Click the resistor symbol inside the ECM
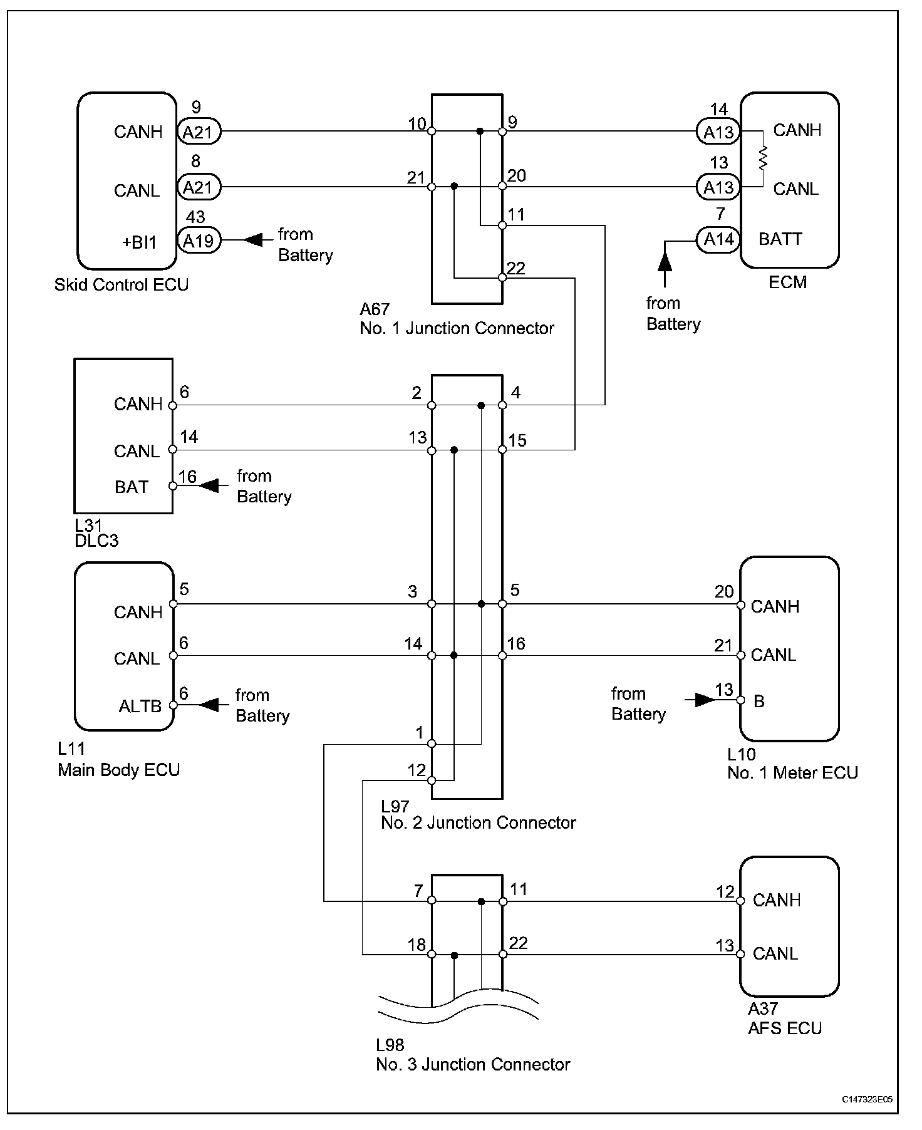tap(763, 158)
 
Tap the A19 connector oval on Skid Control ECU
tap(199, 240)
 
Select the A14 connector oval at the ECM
tap(718, 239)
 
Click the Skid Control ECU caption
tap(122, 285)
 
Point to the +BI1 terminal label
tap(140, 242)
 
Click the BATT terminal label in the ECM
tap(780, 239)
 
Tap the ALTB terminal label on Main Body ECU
tap(140, 706)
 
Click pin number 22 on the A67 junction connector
tap(516, 268)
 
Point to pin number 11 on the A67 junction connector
tap(515, 215)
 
